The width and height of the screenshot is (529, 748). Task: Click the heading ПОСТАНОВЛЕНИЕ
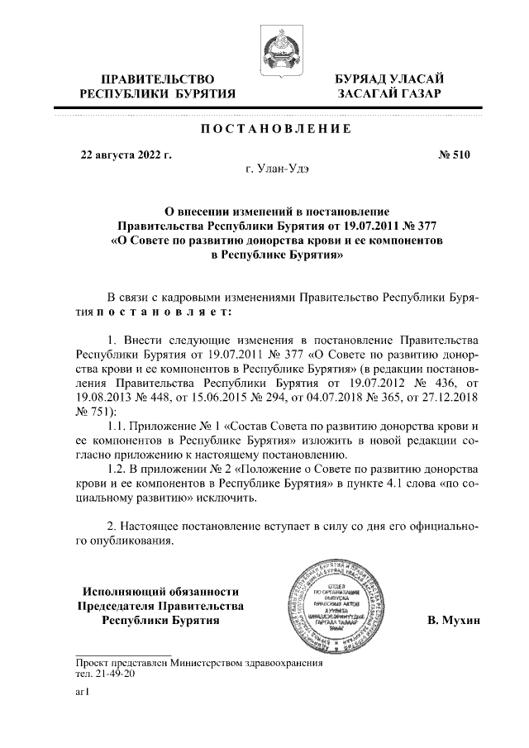point(277,131)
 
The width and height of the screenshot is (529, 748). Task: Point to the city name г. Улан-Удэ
point(279,169)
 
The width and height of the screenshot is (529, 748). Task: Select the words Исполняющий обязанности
point(161,591)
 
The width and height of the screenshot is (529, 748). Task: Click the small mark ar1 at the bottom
point(82,694)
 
